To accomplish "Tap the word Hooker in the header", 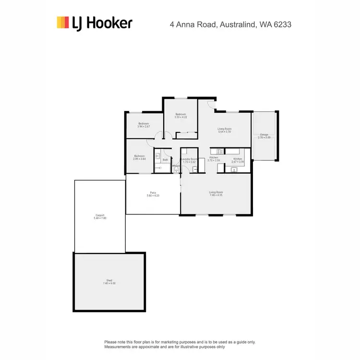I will click(110, 23).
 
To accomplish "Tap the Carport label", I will click(100, 215).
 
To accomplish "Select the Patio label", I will click(153, 193).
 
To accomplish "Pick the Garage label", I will click(264, 134).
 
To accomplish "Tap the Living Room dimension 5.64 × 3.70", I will click(225, 132).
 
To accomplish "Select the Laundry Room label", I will click(189, 159).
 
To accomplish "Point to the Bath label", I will click(166, 159).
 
